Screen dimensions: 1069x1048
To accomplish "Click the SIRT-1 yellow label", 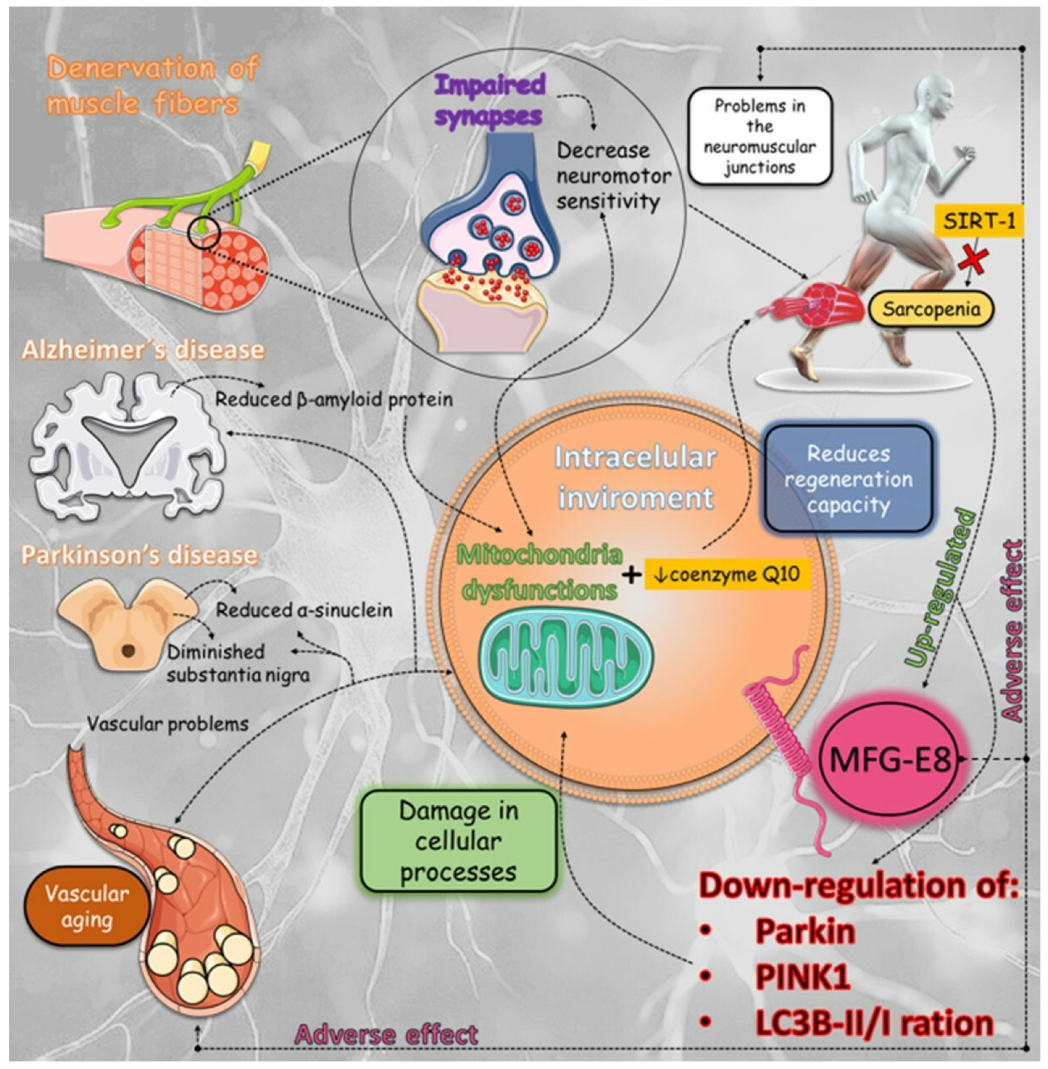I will pyautogui.click(x=979, y=221).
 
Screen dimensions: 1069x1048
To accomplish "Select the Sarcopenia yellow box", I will pyautogui.click(x=931, y=309).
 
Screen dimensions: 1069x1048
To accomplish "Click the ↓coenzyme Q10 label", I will pyautogui.click(x=727, y=575).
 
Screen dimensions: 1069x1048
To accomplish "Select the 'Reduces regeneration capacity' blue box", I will pyautogui.click(x=849, y=480).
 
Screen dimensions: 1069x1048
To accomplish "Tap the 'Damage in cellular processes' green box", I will pyautogui.click(x=458, y=842).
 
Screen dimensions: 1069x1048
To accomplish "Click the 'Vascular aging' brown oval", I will pyautogui.click(x=87, y=907).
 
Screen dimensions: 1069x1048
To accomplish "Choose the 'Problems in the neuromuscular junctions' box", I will pyautogui.click(x=760, y=136).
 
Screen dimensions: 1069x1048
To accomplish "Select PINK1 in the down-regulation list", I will pyautogui.click(x=802, y=977).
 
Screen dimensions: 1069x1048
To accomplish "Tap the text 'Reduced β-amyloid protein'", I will pyautogui.click(x=334, y=399).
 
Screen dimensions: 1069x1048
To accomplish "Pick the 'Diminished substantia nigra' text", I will pyautogui.click(x=238, y=663).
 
